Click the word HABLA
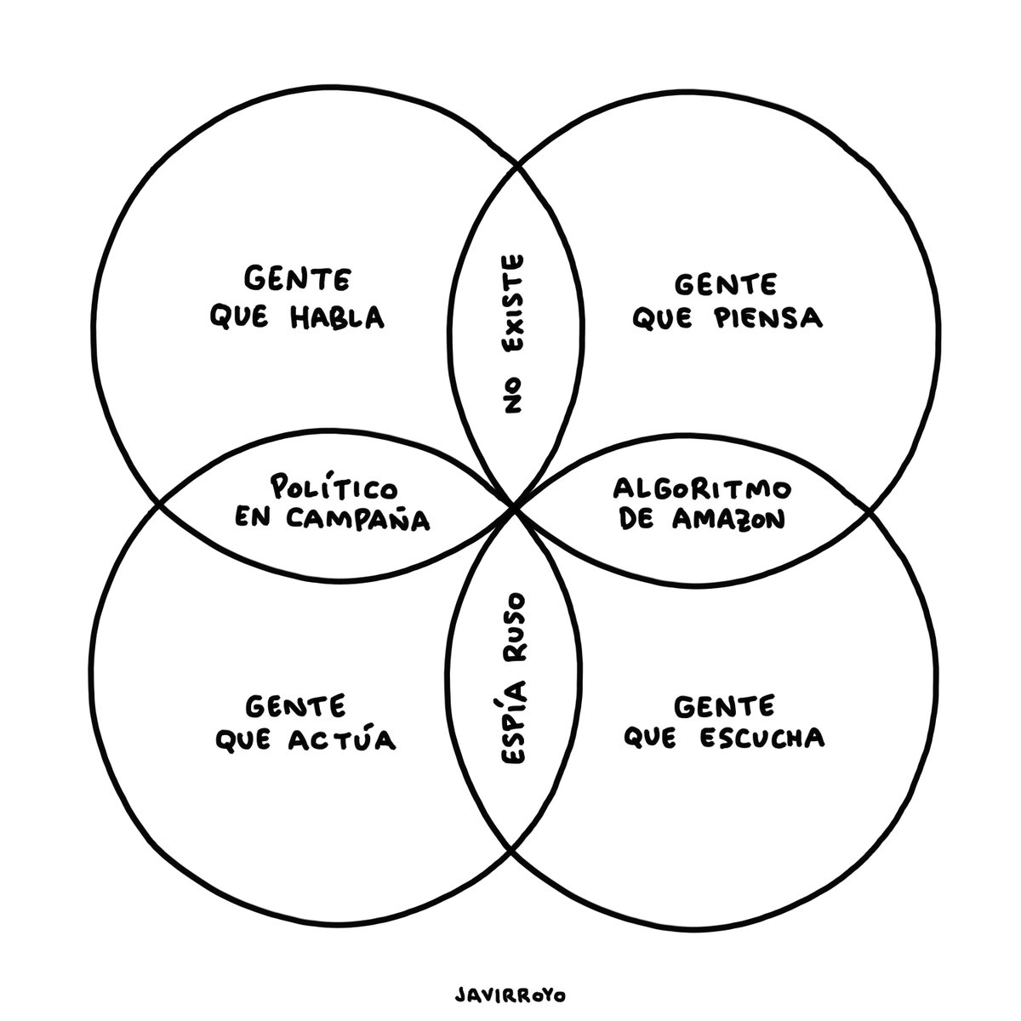(x=338, y=317)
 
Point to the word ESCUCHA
(x=761, y=737)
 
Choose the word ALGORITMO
(x=702, y=489)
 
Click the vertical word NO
(x=512, y=396)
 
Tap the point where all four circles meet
(x=513, y=508)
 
